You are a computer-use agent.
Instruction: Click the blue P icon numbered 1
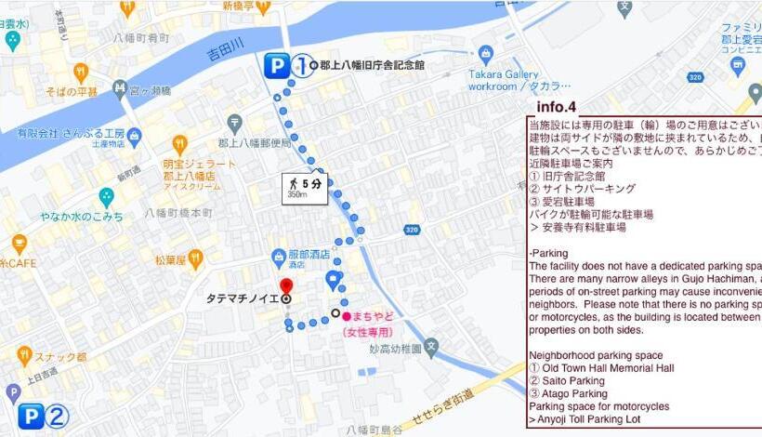click(276, 65)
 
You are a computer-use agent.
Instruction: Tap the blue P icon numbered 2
click(32, 417)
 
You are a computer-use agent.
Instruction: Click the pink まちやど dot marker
click(346, 316)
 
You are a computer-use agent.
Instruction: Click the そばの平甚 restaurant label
click(73, 92)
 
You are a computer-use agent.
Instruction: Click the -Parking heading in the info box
click(549, 253)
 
